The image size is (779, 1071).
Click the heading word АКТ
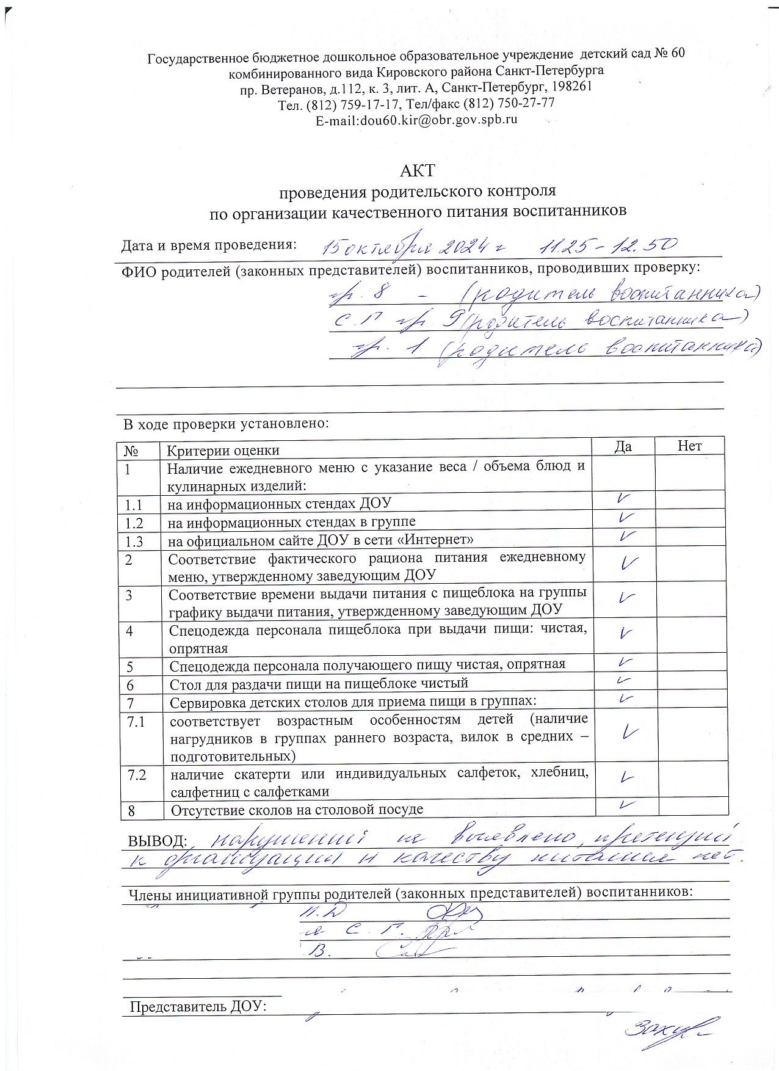click(x=418, y=170)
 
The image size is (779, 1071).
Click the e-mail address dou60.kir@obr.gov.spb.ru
click(x=438, y=120)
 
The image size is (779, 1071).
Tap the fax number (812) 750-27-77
click(x=509, y=103)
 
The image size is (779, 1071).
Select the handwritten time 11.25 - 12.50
click(x=608, y=245)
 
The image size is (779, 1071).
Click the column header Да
click(x=623, y=446)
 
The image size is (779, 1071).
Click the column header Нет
click(x=689, y=446)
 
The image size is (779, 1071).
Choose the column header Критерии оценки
click(x=223, y=451)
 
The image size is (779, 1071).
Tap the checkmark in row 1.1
click(x=623, y=499)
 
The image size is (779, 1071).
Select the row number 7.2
click(x=137, y=775)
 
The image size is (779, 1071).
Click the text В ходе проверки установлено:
click(x=226, y=423)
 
